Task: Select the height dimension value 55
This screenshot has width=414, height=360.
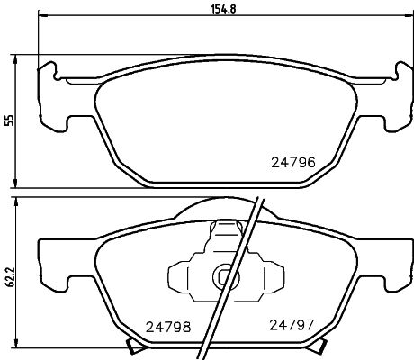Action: pyautogui.click(x=10, y=121)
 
